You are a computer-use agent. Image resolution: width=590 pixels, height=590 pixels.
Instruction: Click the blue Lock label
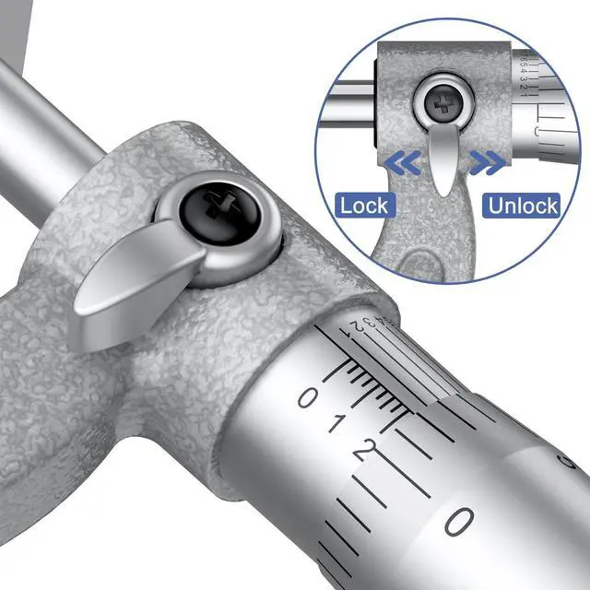[364, 205]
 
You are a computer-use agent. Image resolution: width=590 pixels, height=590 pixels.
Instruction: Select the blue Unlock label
[524, 205]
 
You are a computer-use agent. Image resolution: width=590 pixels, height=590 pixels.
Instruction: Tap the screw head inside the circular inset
[443, 103]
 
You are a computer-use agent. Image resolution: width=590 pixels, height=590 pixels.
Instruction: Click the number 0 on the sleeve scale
[308, 398]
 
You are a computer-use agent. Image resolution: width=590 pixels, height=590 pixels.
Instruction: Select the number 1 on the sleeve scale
[338, 424]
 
